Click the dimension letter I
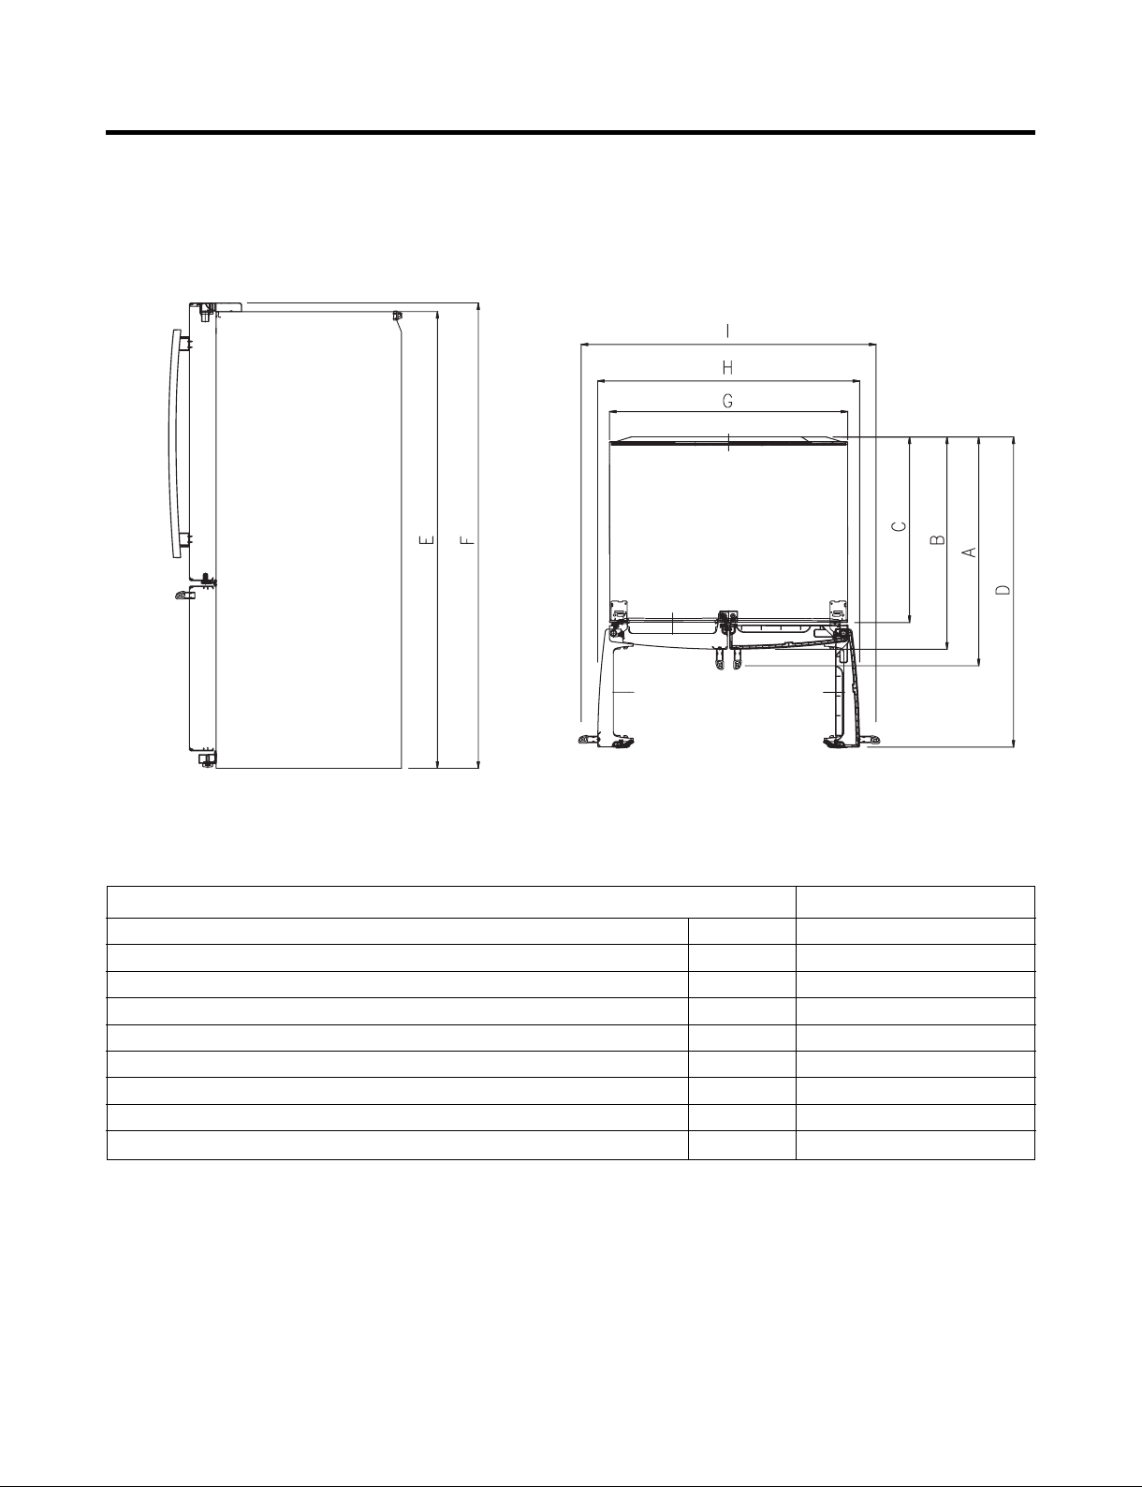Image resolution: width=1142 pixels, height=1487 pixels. pos(728,331)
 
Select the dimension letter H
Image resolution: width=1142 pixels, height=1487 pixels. pos(728,368)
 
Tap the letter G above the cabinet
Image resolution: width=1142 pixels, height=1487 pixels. pos(728,401)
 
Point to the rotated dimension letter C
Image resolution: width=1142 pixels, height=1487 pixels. pos(900,526)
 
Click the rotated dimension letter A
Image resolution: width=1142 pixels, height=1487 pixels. pos(970,551)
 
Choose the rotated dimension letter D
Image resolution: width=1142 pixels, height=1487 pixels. pos(1003,589)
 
